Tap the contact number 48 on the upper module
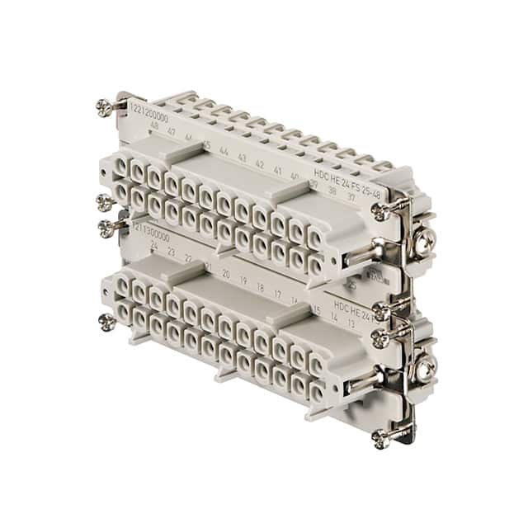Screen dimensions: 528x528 click(153, 126)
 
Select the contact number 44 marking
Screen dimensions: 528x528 click(224, 152)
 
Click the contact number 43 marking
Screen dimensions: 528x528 click(242, 158)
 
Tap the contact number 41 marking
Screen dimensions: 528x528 click(277, 170)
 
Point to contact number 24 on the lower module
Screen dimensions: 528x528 click(153, 244)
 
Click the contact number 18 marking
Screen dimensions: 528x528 click(260, 286)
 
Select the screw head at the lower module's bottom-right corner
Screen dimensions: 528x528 click(379, 437)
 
